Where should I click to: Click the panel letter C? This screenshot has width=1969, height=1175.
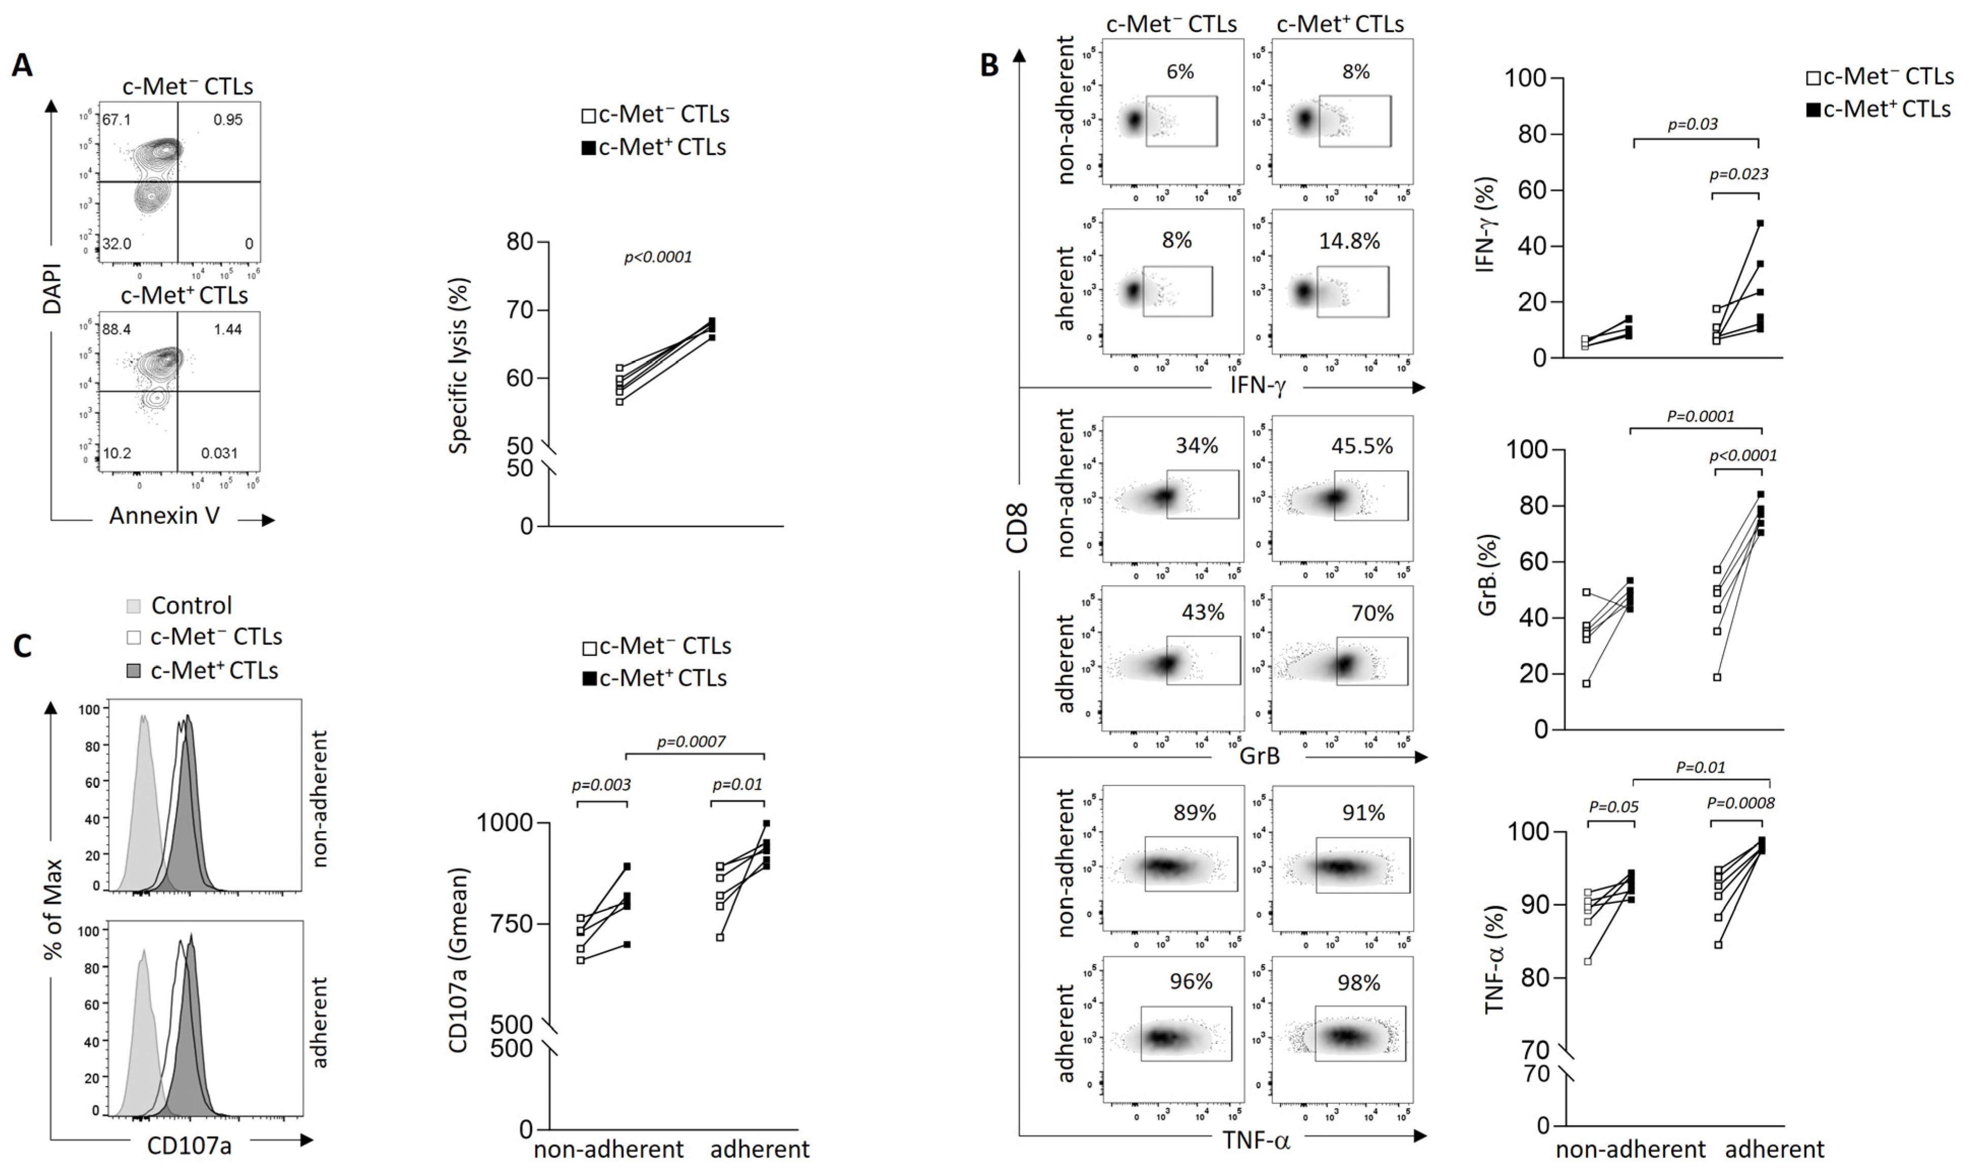pos(23,647)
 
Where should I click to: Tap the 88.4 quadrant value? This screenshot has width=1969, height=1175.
pos(116,329)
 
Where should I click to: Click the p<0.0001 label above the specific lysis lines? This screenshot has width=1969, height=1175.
pos(658,258)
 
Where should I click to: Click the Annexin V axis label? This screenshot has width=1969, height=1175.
pos(165,516)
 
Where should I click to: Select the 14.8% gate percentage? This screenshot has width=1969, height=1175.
pos(1349,241)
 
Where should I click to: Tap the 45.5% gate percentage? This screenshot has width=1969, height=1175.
pos(1362,446)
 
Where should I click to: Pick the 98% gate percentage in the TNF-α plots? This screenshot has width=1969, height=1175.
pos(1358,982)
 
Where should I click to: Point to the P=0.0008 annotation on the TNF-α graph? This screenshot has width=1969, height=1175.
pos(1740,803)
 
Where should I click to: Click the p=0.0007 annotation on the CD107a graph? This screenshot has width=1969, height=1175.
pos(691,742)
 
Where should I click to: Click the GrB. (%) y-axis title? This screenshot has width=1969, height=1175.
pos(1487,575)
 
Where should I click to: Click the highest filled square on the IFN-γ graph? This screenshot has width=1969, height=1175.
pos(1760,224)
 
